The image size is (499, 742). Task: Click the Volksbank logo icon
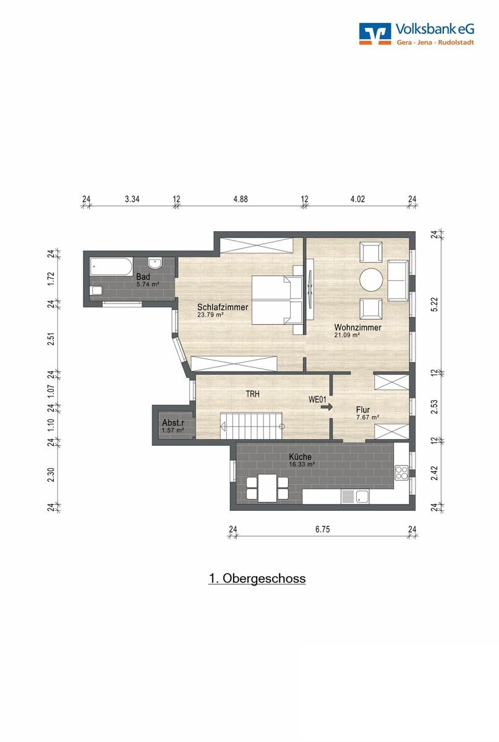375,33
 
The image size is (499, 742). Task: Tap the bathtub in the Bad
111,267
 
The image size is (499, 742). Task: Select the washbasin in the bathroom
155,263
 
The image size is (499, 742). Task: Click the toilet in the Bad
96,291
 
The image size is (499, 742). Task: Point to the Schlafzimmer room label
223,307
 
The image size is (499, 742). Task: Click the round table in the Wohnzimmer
371,279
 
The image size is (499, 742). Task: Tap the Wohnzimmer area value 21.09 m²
348,335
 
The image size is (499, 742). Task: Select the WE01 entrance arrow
326,407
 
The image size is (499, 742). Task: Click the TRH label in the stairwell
252,394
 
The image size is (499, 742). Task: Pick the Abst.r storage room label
173,423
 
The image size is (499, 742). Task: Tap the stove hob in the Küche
401,472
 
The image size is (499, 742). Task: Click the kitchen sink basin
362,497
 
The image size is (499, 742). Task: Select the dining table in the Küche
267,488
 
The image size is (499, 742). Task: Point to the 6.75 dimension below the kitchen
322,529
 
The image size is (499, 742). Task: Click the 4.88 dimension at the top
241,199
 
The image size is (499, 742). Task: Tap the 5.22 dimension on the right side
435,304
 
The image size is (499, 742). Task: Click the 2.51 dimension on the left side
51,339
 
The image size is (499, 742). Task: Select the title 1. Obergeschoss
257,579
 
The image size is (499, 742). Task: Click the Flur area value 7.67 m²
368,417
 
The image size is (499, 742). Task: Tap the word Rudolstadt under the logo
456,43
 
